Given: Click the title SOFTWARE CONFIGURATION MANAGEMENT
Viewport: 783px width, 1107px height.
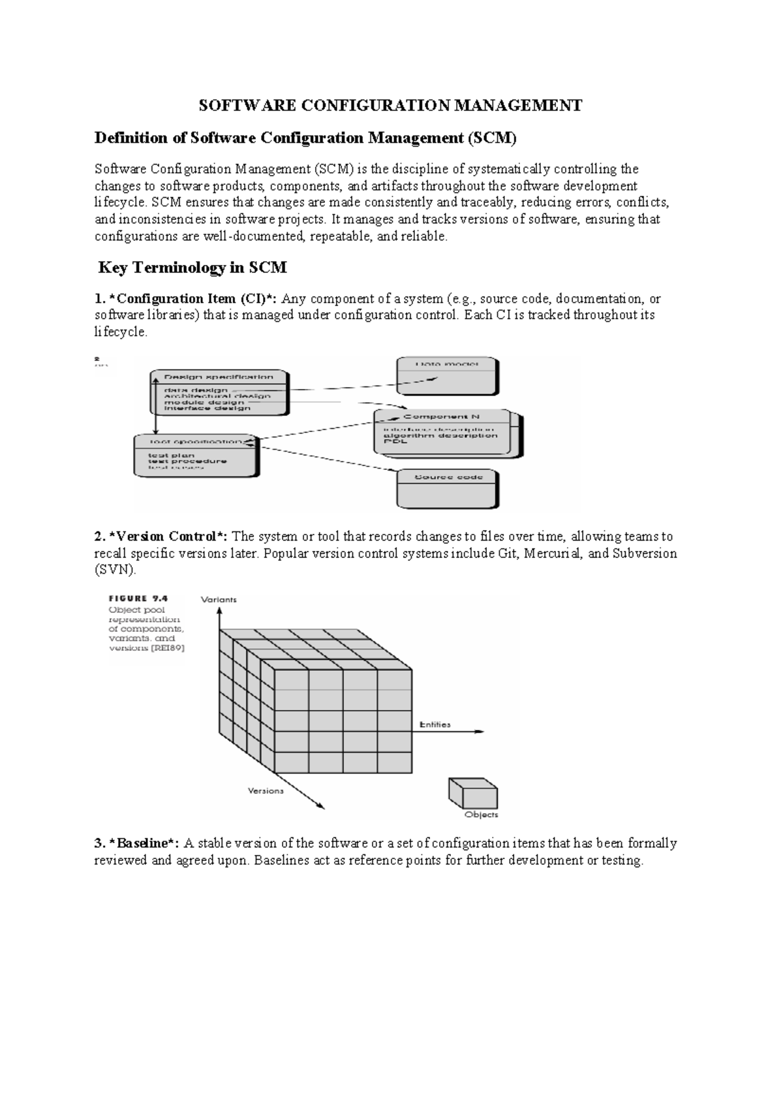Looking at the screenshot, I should click(390, 106).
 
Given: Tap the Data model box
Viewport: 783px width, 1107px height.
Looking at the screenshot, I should click(448, 377).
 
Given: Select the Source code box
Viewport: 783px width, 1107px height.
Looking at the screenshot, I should click(448, 490).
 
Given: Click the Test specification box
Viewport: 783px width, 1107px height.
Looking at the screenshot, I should click(195, 455).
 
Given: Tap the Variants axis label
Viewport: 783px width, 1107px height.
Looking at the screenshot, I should click(219, 599).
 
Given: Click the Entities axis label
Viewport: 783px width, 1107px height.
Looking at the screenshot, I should click(435, 725).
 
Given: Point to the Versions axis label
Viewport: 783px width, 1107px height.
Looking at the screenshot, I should click(266, 791).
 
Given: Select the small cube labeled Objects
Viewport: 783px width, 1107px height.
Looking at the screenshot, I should click(473, 793).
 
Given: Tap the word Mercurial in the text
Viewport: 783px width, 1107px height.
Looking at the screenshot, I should click(553, 553).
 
